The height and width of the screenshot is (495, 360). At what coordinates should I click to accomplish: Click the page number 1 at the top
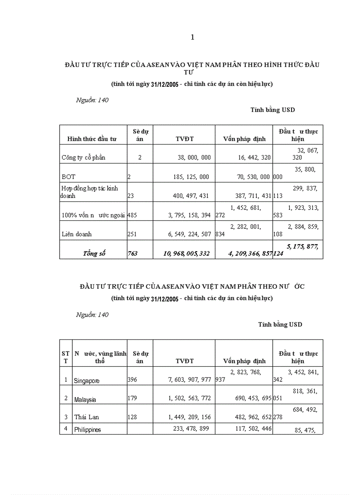pos(192,37)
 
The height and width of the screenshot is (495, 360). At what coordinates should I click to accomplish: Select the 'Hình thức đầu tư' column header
pos(92,139)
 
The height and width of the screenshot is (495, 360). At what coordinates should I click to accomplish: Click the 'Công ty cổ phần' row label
pos(84,157)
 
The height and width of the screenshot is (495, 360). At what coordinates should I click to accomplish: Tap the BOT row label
pos(69,177)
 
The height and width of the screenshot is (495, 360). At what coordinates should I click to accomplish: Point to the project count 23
pos(131,196)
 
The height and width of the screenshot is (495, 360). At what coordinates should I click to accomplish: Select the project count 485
pos(132,215)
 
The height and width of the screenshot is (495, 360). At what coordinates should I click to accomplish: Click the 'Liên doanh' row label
pos(77,234)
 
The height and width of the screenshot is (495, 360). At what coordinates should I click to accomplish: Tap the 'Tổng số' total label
pos(94,253)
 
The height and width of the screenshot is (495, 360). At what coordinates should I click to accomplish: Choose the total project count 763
pos(132,253)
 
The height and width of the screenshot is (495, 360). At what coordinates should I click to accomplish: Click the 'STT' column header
pos(65,357)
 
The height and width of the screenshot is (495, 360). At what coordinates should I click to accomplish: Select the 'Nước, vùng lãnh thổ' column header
pos(100,357)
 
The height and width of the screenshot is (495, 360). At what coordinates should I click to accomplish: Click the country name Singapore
pos(87,380)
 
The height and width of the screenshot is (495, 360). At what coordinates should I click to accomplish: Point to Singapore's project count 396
pos(132,379)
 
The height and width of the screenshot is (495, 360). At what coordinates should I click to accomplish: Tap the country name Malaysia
pos(85,400)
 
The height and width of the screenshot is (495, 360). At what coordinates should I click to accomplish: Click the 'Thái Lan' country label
pos(86,417)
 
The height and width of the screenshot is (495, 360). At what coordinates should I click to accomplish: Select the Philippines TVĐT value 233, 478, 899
pos(191,428)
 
